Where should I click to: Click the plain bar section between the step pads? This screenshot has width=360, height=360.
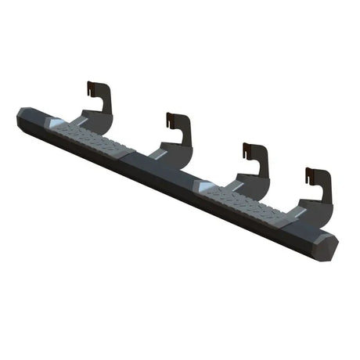point(157,168)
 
